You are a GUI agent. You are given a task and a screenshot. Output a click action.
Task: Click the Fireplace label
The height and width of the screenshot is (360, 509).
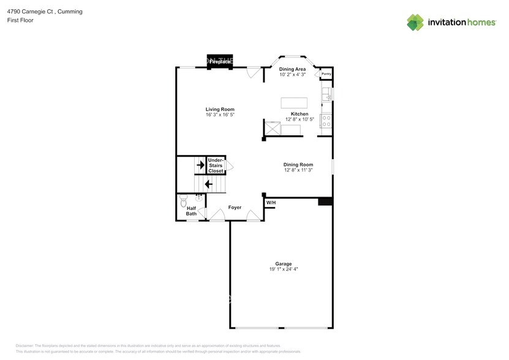point(219,61)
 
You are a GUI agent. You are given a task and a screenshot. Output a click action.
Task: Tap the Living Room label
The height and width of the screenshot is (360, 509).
point(219,109)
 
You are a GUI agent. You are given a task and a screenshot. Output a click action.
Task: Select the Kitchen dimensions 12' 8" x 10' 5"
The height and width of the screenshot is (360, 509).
point(299,119)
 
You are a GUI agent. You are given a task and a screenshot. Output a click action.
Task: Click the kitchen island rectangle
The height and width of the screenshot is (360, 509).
point(293,102)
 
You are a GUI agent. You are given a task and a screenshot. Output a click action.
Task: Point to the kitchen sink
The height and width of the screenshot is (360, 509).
point(327,94)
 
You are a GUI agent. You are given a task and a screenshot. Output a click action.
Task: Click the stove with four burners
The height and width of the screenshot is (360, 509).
point(326,121)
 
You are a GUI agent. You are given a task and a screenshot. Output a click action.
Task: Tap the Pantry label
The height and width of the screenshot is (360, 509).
point(326,74)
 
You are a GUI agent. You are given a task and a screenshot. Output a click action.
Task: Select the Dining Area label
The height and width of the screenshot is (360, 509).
point(292,69)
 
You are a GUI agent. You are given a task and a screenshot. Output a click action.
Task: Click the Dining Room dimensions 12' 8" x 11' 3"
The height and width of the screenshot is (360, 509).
point(298,170)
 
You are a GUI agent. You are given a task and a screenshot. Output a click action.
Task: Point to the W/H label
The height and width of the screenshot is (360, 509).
point(271,203)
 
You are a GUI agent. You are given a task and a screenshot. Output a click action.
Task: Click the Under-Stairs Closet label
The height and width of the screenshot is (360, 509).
point(216,166)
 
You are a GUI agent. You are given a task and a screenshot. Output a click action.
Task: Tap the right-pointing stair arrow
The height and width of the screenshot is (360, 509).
point(200,165)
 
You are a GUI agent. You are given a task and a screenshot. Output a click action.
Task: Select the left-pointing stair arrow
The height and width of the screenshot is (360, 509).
point(208,184)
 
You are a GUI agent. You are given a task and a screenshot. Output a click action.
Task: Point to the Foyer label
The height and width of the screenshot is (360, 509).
point(235,208)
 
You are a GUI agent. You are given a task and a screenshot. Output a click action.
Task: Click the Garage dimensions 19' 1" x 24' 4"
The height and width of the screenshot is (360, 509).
point(283,269)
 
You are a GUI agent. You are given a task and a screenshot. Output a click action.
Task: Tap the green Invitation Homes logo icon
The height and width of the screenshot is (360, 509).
point(415,23)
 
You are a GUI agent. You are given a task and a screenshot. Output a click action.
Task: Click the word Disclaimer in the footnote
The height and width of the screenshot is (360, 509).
point(25,345)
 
